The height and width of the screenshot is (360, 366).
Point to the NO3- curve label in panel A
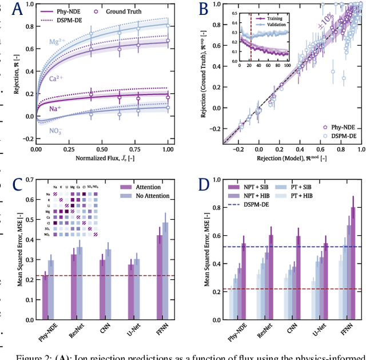pyautogui.click(x=56, y=130)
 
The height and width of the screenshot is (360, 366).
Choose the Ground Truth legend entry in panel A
pyautogui.click(x=118, y=10)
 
